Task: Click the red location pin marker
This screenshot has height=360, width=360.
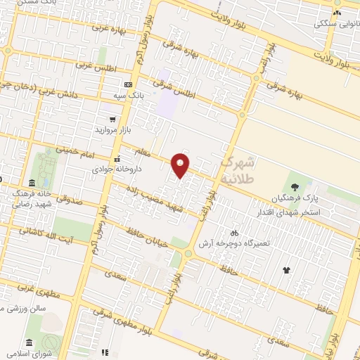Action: [x=181, y=165]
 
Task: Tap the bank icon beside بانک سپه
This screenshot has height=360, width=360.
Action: [x=128, y=84]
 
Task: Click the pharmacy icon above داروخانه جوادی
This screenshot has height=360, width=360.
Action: [x=117, y=159]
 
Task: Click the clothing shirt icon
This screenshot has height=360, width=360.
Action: [x=286, y=269]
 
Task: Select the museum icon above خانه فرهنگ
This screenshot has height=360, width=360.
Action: [x=32, y=182]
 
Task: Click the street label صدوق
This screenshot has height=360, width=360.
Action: [x=68, y=200]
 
